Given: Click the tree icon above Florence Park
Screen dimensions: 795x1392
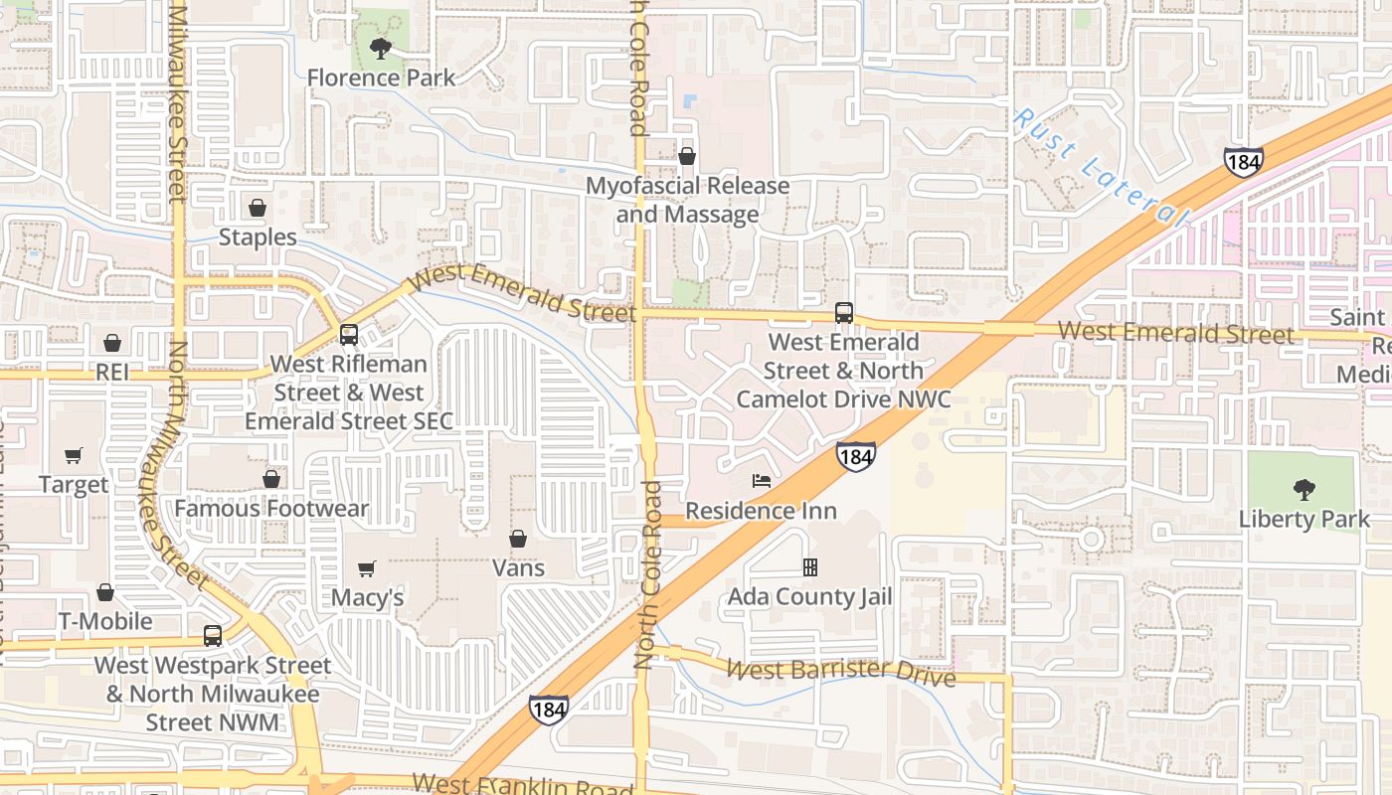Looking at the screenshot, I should [379, 48].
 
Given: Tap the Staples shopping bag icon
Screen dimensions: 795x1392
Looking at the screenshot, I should [258, 208].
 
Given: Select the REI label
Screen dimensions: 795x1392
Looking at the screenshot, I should [112, 372].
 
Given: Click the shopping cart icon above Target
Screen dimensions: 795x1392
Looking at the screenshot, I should [74, 456].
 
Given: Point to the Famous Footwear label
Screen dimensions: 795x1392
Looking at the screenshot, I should [271, 509].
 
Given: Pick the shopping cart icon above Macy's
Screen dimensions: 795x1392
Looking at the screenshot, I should [367, 568].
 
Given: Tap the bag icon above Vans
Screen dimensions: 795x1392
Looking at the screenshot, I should [518, 539].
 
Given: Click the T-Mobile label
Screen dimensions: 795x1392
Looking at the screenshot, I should [105, 621].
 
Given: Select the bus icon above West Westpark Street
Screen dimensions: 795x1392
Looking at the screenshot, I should [213, 636].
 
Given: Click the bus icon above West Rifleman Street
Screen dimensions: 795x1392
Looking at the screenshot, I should [349, 335].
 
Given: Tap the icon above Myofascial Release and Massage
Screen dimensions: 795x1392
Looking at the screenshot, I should [686, 156].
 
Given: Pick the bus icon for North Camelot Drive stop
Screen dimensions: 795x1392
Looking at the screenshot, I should [844, 313].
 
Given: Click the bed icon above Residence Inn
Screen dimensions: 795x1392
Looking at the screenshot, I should [762, 481].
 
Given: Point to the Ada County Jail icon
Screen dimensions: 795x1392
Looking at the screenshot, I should [810, 567].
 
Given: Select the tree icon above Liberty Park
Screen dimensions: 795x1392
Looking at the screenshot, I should [1304, 489].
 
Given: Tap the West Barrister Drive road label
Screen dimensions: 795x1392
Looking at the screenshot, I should [840, 672].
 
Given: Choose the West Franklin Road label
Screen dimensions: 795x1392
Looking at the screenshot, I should [523, 785].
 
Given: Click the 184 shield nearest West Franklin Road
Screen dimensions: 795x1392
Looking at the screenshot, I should [549, 709].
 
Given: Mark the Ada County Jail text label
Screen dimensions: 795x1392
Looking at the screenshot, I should [810, 597].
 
